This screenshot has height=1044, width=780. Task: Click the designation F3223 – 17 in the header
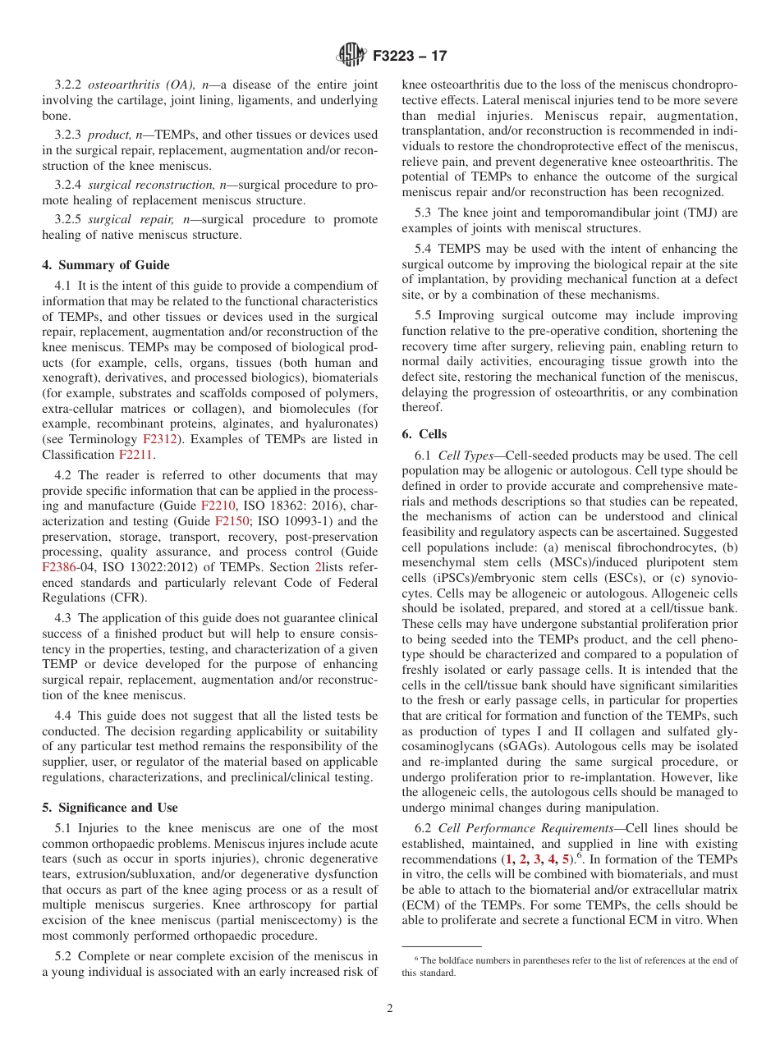click(x=409, y=57)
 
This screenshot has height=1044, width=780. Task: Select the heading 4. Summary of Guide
click(x=106, y=265)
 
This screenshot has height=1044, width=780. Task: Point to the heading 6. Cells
click(x=424, y=434)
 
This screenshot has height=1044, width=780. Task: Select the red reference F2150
click(x=231, y=521)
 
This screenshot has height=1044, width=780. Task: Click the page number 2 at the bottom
click(x=390, y=1009)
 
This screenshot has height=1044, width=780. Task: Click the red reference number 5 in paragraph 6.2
click(x=565, y=859)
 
